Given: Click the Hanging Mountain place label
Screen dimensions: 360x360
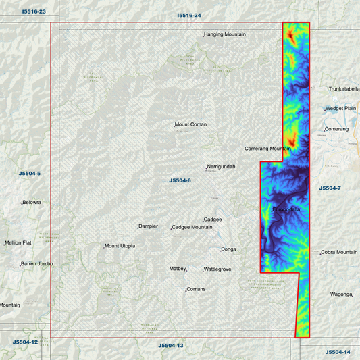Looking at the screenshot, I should pyautogui.click(x=225, y=34).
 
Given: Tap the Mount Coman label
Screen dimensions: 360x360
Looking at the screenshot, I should pyautogui.click(x=190, y=124).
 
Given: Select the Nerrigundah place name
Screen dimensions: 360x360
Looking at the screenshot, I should pyautogui.click(x=222, y=166).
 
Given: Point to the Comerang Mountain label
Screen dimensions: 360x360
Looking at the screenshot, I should pyautogui.click(x=267, y=148).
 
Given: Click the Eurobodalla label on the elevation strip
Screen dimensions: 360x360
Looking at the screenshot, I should pyautogui.click(x=286, y=209).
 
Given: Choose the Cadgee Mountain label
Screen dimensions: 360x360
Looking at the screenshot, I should pyautogui.click(x=192, y=227).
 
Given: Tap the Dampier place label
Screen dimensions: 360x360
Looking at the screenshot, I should pyautogui.click(x=148, y=226).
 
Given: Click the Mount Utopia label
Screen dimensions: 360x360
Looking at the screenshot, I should pyautogui.click(x=120, y=245).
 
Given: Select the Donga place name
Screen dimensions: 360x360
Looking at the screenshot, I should pyautogui.click(x=228, y=249).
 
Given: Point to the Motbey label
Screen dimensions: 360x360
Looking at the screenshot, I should pyautogui.click(x=177, y=268).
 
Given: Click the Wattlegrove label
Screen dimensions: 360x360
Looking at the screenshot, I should pyautogui.click(x=217, y=269).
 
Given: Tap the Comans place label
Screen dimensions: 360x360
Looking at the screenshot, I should pyautogui.click(x=197, y=289).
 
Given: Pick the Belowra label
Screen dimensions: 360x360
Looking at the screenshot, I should pyautogui.click(x=32, y=202).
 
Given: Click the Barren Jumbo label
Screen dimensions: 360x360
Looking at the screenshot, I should pyautogui.click(x=37, y=263).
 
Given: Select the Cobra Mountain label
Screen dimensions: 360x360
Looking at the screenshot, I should pyautogui.click(x=339, y=252).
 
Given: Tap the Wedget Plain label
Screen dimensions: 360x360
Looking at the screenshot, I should pyautogui.click(x=340, y=108).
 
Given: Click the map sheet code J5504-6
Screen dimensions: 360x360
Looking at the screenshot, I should pyautogui.click(x=180, y=180).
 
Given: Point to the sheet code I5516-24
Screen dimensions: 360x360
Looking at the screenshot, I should pyautogui.click(x=189, y=14).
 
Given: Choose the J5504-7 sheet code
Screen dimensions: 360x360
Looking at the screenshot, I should pyautogui.click(x=330, y=188).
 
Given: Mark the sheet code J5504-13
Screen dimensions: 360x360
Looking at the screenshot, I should pyautogui.click(x=171, y=345).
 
